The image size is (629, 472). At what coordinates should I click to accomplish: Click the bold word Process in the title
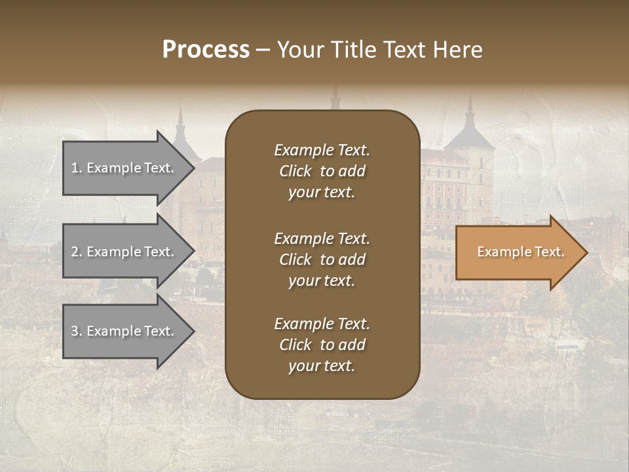206,50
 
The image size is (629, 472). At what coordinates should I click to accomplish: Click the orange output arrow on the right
518,252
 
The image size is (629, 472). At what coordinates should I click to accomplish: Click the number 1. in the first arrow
76,168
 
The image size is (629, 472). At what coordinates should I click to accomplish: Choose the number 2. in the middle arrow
76,252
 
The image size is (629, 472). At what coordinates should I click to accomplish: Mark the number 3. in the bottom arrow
76,331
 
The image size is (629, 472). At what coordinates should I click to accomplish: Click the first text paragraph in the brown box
322,171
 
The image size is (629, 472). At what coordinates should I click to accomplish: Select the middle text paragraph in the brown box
322,260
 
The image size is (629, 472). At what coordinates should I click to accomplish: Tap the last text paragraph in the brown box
322,345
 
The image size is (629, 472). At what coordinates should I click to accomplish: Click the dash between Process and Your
263,50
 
